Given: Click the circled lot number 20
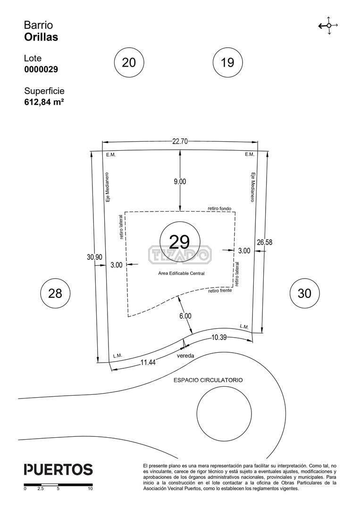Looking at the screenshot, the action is [129, 62].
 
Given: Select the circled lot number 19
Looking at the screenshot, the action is [227, 62].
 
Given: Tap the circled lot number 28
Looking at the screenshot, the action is [55, 293].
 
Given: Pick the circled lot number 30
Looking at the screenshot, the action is [304, 293].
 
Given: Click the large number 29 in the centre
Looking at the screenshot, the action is [179, 241].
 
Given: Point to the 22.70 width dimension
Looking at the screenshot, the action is [180, 141].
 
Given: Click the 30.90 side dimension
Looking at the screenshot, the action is [94, 257].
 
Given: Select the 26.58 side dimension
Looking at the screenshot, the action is [265, 242].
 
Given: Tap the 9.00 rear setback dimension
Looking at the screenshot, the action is [180, 181].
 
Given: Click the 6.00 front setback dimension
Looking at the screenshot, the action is [185, 316].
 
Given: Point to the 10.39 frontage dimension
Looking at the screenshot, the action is [219, 337].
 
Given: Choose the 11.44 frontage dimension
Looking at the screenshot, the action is [148, 362].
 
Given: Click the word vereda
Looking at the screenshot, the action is [185, 356].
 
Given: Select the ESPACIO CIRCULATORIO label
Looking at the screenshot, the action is [208, 380].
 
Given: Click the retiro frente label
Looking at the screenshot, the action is [220, 290].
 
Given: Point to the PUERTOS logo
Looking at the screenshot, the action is [59, 470].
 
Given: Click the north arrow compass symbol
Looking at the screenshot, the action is [328, 25].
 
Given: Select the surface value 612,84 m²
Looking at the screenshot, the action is [44, 102].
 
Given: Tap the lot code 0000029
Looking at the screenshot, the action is [41, 69].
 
